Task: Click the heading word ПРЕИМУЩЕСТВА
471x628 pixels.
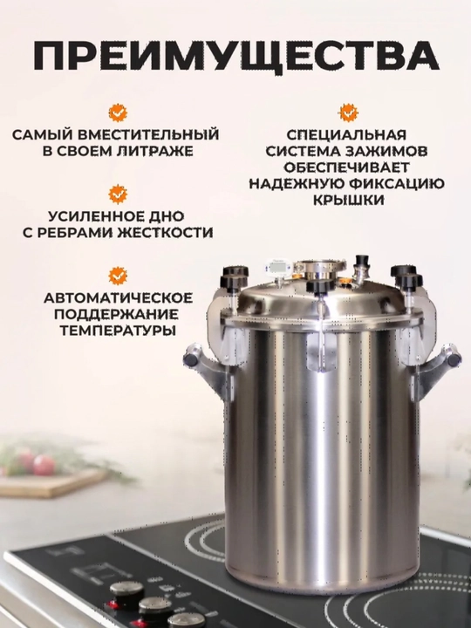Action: (235, 56)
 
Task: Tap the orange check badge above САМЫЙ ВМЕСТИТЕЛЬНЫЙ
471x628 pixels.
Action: (118, 113)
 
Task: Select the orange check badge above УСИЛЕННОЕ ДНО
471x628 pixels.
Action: (118, 195)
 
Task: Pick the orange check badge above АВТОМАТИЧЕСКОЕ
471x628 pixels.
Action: (118, 276)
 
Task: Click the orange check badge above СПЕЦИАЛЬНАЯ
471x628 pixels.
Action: (348, 113)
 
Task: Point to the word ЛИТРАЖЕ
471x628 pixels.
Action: (155, 152)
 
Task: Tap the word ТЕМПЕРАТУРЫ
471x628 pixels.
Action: (118, 331)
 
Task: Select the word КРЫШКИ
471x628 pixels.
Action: (348, 201)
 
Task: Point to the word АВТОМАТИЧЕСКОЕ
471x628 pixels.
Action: (118, 298)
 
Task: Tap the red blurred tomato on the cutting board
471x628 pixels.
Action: (44, 465)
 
